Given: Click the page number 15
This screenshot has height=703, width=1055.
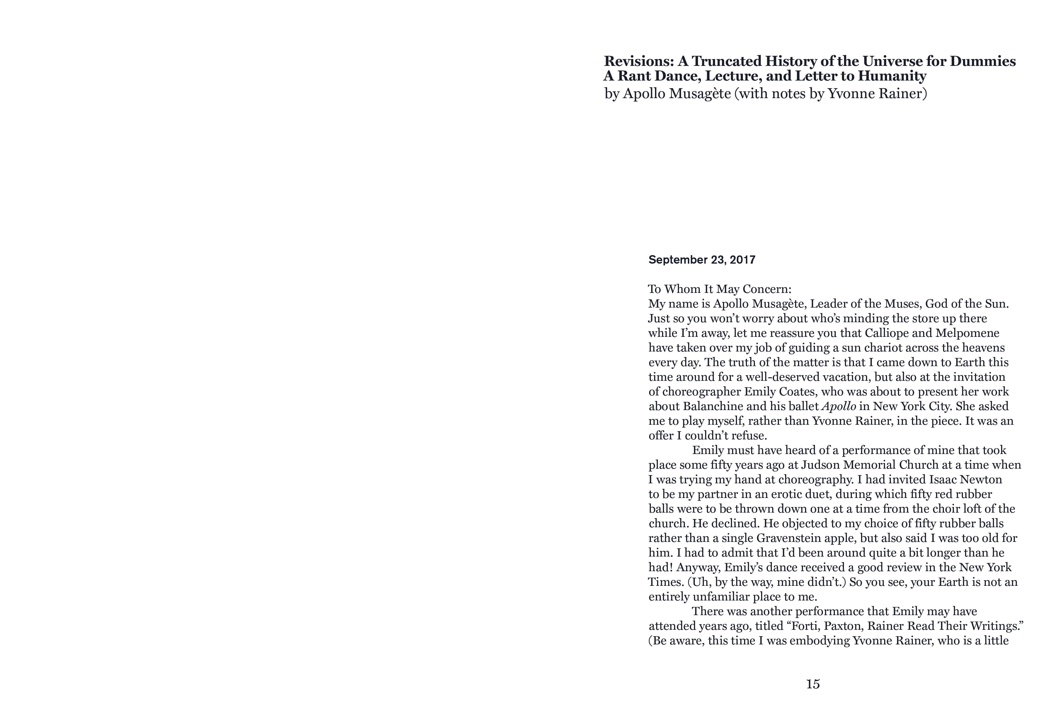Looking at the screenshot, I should [x=813, y=684].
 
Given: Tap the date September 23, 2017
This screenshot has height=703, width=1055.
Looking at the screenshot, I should [x=702, y=260].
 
